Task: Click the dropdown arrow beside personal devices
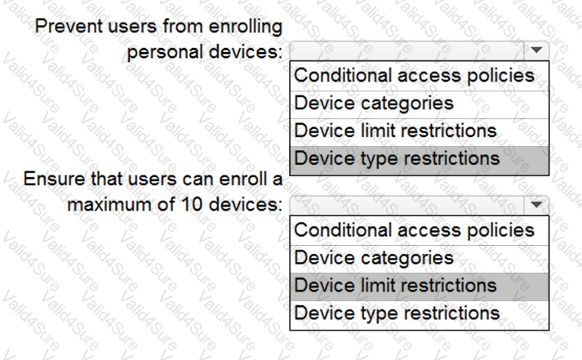click(536, 50)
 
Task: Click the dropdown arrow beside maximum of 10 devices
click(536, 205)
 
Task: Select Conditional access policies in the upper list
click(414, 76)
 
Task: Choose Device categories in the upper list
click(373, 103)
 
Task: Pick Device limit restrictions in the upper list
click(395, 131)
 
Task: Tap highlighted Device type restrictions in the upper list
click(397, 159)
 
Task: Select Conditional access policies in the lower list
click(414, 230)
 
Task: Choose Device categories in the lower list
click(373, 258)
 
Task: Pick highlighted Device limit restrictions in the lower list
click(395, 286)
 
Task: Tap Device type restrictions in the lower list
click(397, 313)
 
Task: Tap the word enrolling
click(246, 27)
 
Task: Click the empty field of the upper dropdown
click(407, 51)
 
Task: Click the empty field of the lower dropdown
click(407, 205)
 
